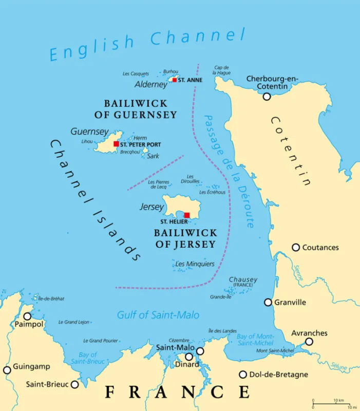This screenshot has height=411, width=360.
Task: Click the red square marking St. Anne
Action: [175, 80]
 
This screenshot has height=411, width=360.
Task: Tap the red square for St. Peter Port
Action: [116, 144]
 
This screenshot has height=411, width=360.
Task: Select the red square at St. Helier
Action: [187, 215]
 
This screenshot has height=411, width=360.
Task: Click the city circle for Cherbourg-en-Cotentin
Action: [267, 96]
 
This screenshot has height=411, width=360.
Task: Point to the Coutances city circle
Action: [296, 247]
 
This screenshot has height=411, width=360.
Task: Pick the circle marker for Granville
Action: [268, 302]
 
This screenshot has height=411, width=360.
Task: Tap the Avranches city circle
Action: [309, 342]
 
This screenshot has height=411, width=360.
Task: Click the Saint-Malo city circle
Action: [200, 351]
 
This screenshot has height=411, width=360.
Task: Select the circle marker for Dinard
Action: [189, 357]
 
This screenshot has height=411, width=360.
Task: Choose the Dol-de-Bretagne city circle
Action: [243, 375]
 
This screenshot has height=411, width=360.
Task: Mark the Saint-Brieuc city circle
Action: [75, 384]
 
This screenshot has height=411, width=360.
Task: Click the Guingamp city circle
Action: [7, 370]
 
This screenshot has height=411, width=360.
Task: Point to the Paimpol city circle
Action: [27, 316]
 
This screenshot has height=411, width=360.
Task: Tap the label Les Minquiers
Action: [195, 264]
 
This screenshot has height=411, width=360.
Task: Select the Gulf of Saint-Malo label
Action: [158, 315]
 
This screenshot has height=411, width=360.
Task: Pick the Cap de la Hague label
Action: [222, 70]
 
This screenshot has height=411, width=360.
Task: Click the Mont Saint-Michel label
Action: [275, 351]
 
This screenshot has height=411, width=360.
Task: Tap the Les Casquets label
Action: [136, 74]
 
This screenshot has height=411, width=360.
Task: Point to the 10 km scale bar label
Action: [338, 400]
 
